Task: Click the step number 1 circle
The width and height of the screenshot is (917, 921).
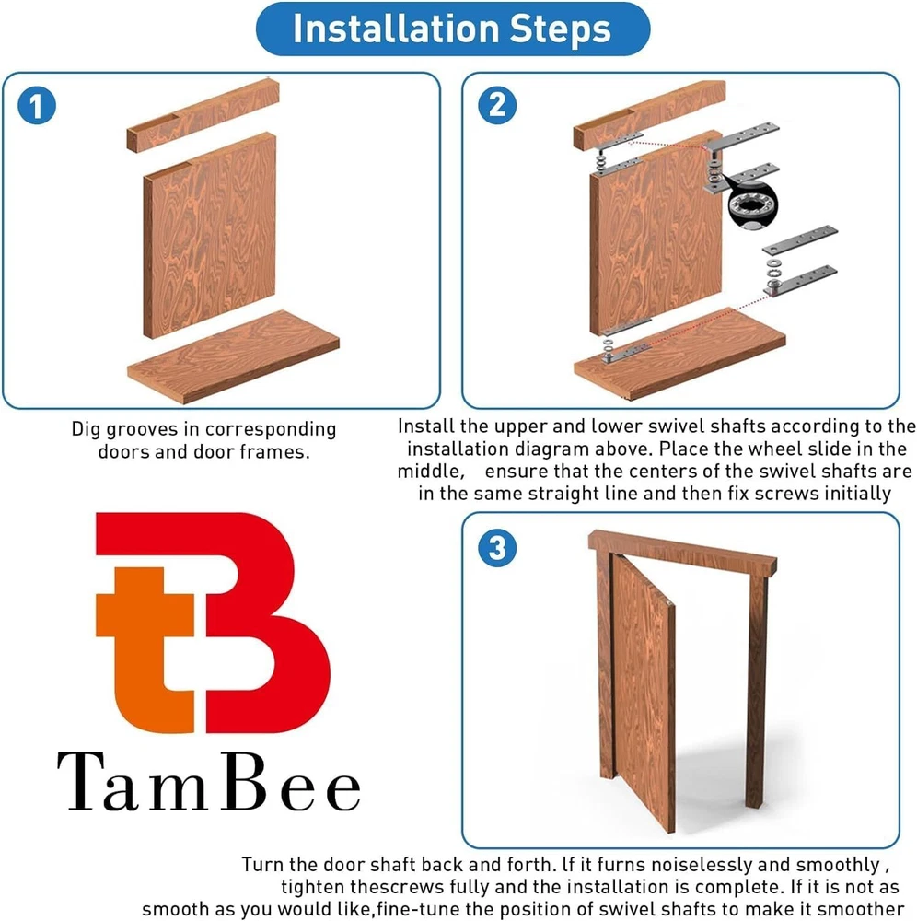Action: pyautogui.click(x=37, y=106)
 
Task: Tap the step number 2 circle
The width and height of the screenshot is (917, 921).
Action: pyautogui.click(x=497, y=106)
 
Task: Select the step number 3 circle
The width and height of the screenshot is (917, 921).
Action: pyautogui.click(x=497, y=548)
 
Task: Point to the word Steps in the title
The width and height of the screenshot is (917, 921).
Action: pyautogui.click(x=560, y=29)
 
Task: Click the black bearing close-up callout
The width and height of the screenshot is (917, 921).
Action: pyautogui.click(x=751, y=205)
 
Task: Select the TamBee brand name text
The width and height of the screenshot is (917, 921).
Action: pyautogui.click(x=208, y=782)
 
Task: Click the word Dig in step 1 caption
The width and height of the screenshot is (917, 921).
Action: pyautogui.click(x=86, y=430)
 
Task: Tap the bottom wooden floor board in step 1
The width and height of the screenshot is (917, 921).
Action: pyautogui.click(x=233, y=357)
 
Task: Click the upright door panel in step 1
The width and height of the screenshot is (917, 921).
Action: pyautogui.click(x=210, y=235)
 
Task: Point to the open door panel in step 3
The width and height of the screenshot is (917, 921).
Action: pyautogui.click(x=644, y=694)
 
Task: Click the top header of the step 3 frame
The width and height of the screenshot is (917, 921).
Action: pyautogui.click(x=683, y=552)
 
